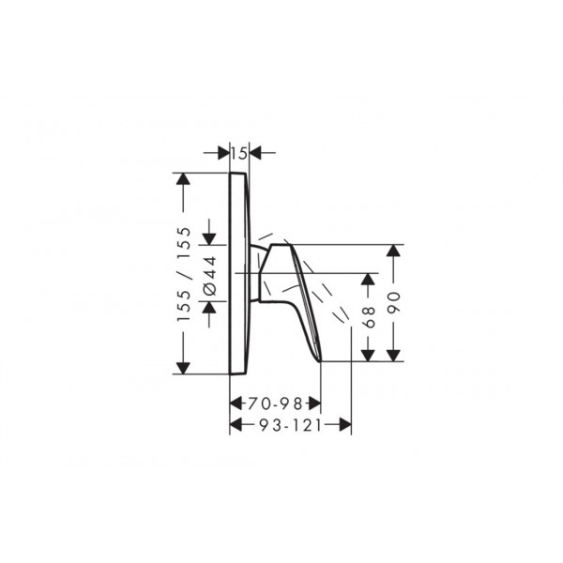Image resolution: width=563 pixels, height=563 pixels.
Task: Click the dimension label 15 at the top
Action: (238, 154)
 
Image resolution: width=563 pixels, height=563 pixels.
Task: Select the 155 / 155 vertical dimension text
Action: (184, 274)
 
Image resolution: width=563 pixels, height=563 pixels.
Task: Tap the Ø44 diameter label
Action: (210, 276)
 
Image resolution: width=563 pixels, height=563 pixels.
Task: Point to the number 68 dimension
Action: (369, 317)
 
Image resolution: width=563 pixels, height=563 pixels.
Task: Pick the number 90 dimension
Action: (394, 303)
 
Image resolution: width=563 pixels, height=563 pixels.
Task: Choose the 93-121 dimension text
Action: (291, 425)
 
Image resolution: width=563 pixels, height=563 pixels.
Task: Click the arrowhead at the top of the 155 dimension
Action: (183, 179)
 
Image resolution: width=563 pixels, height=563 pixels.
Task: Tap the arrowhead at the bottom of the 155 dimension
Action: (183, 368)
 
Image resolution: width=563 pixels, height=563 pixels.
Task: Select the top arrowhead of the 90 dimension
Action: (394, 251)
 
